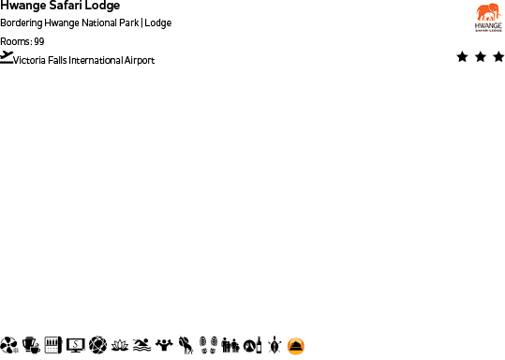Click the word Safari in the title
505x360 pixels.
tap(62, 6)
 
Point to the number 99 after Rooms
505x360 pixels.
tap(38, 41)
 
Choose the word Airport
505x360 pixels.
tap(137, 61)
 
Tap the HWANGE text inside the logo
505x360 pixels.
tap(488, 24)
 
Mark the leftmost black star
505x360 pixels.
tap(462, 57)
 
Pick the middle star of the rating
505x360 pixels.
tap(480, 57)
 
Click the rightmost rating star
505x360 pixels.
tap(498, 57)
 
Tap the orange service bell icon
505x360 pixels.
tap(296, 346)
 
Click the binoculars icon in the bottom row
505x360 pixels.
tap(230, 346)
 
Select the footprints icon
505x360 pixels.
tap(208, 346)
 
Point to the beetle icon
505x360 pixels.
tap(275, 346)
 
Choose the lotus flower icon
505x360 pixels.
tap(120, 346)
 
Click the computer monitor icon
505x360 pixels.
tap(76, 346)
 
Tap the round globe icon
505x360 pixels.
tap(97, 346)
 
